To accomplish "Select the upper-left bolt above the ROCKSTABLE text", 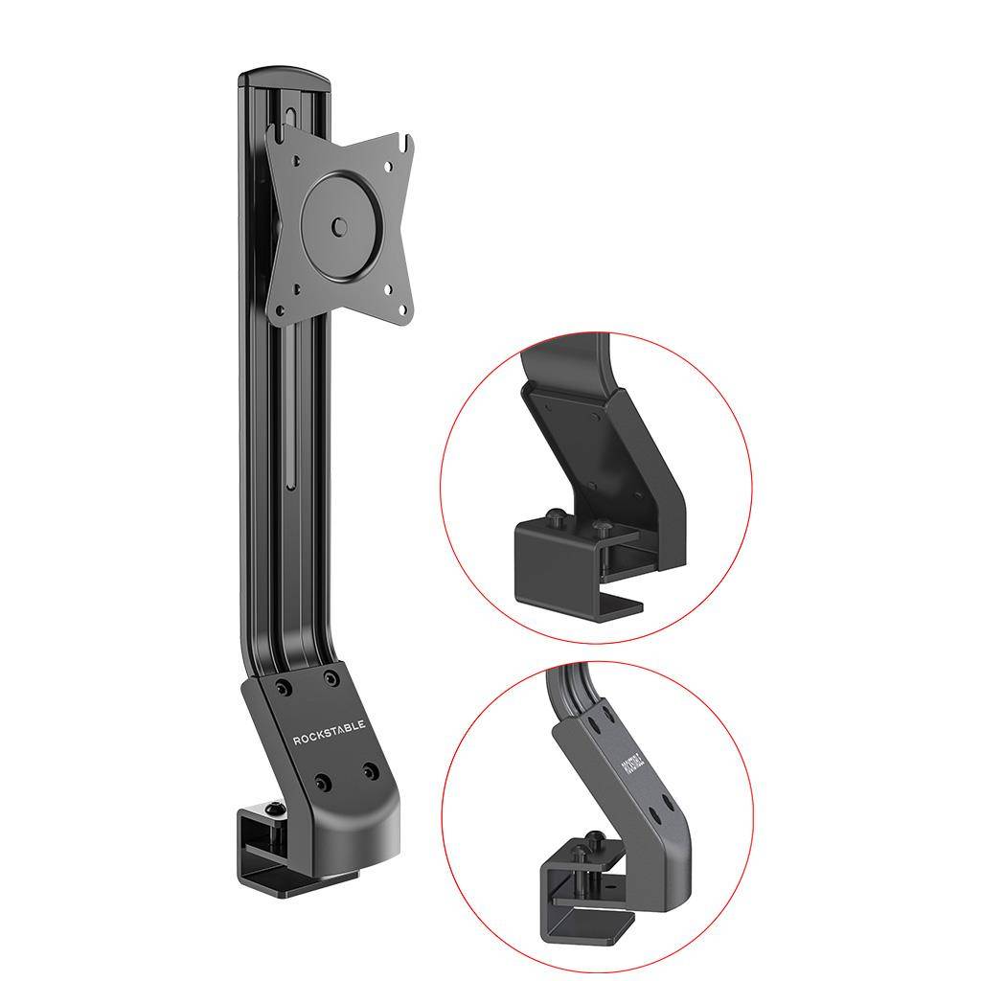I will pyautogui.click(x=284, y=688).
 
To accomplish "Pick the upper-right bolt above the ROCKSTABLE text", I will pyautogui.click(x=331, y=678).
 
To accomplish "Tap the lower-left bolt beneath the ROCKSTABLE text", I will pyautogui.click(x=324, y=783).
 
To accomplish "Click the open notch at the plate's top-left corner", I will pyautogui.click(x=275, y=133).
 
